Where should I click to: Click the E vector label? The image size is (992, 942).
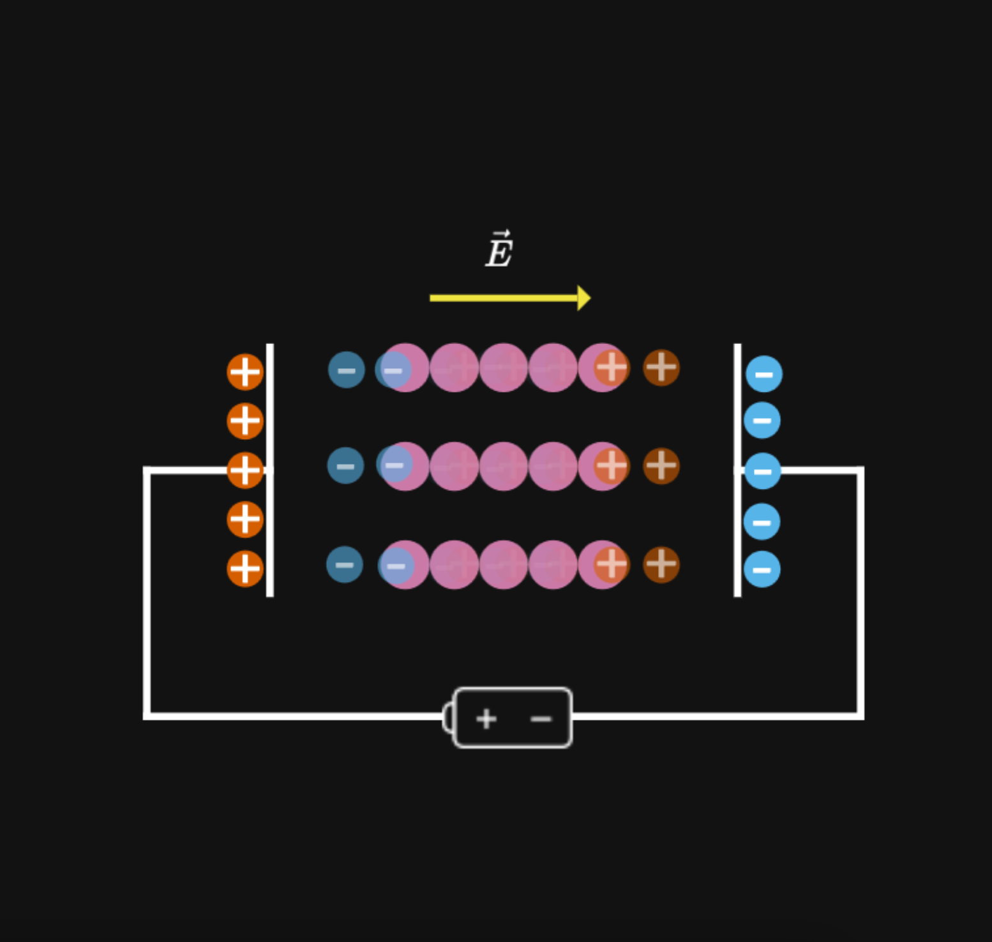499,251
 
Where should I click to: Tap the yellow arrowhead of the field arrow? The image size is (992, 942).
583,298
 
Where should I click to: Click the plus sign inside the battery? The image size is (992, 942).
486,719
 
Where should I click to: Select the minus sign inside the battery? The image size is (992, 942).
541,719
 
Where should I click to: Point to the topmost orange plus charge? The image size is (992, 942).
245,372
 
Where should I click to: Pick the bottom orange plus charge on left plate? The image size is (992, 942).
245,569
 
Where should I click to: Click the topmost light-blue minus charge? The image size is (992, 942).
763,374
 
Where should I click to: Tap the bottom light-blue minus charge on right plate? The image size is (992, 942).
762,569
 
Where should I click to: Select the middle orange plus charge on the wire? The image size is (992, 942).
245,470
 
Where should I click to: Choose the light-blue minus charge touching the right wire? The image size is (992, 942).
763,472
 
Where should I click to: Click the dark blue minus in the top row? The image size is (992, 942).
347,370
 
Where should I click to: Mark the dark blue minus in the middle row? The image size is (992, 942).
345,466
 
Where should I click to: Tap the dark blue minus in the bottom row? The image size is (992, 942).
345,565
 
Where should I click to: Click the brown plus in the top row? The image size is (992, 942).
661,368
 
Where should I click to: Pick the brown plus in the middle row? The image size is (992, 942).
661,466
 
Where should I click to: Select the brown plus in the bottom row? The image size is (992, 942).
661,565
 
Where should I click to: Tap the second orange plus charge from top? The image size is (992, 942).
245,421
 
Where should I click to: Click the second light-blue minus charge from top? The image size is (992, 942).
762,421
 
